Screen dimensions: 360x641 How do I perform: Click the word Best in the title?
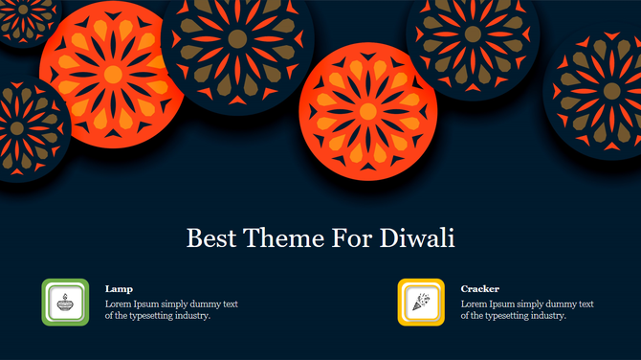[x=208, y=238]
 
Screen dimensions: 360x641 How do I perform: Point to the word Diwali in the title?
[x=417, y=238]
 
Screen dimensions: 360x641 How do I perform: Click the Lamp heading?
[x=119, y=288]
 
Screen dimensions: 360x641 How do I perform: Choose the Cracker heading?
[x=479, y=288]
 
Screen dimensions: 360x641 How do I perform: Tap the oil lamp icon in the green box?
[x=66, y=303]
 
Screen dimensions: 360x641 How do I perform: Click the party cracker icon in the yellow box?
[x=421, y=303]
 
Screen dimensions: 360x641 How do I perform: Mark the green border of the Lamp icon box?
[x=45, y=303]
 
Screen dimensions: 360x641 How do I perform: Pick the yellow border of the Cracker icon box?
[x=401, y=303]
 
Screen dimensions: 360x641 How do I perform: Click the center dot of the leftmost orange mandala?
[x=113, y=74]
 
